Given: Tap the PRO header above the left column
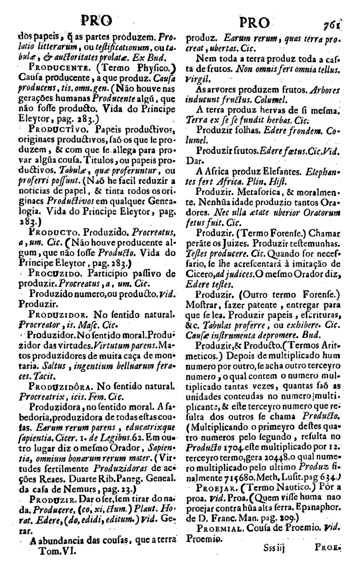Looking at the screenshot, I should point(95,22).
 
